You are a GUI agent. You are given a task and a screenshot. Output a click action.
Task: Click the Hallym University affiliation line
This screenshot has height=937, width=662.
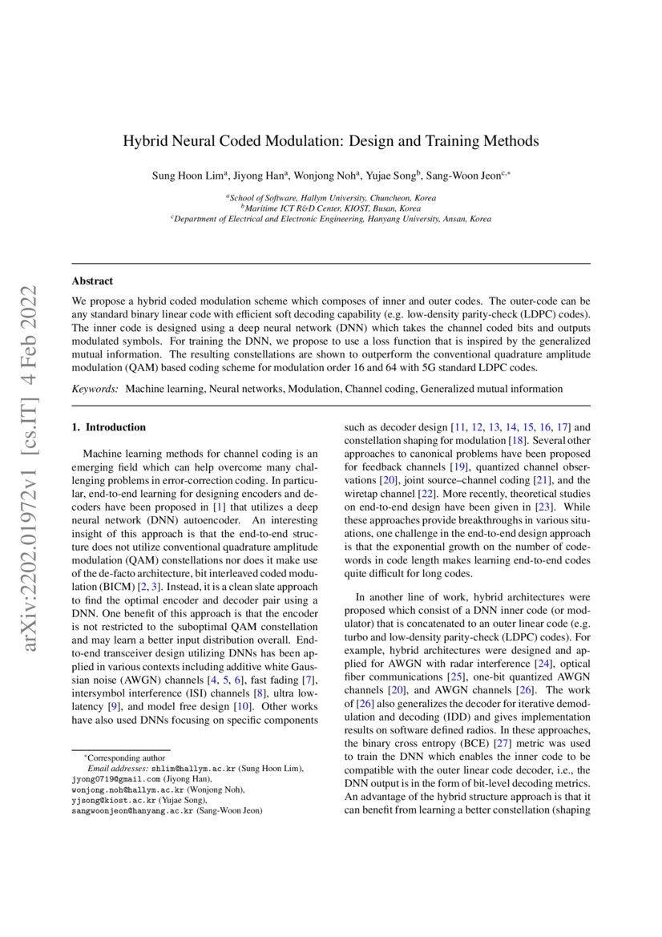(x=330, y=197)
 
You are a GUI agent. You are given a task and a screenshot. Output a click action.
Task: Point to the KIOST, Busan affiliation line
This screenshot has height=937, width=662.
(x=330, y=208)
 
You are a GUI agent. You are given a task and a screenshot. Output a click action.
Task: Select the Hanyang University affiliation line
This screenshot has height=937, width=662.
(x=330, y=218)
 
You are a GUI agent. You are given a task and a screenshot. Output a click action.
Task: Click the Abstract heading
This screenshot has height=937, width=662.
(x=92, y=281)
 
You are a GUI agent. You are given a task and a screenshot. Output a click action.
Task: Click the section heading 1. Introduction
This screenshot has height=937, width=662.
(x=109, y=428)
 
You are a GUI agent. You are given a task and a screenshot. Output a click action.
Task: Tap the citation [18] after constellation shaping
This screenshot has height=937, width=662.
(x=517, y=442)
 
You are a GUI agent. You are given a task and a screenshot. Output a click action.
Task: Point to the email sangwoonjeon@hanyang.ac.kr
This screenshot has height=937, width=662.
(x=131, y=810)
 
